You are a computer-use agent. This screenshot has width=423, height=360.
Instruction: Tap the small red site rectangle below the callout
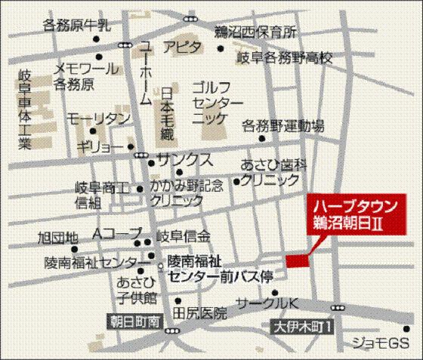pos(298,260)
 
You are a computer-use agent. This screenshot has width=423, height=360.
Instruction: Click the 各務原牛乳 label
pos(77,25)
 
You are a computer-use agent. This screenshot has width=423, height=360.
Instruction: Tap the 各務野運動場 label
pos(283,125)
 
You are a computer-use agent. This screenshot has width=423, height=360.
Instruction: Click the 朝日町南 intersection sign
pos(130,321)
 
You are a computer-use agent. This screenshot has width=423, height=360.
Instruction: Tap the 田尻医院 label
pos(199,311)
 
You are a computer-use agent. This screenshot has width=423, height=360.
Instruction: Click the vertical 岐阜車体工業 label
pos(24,108)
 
